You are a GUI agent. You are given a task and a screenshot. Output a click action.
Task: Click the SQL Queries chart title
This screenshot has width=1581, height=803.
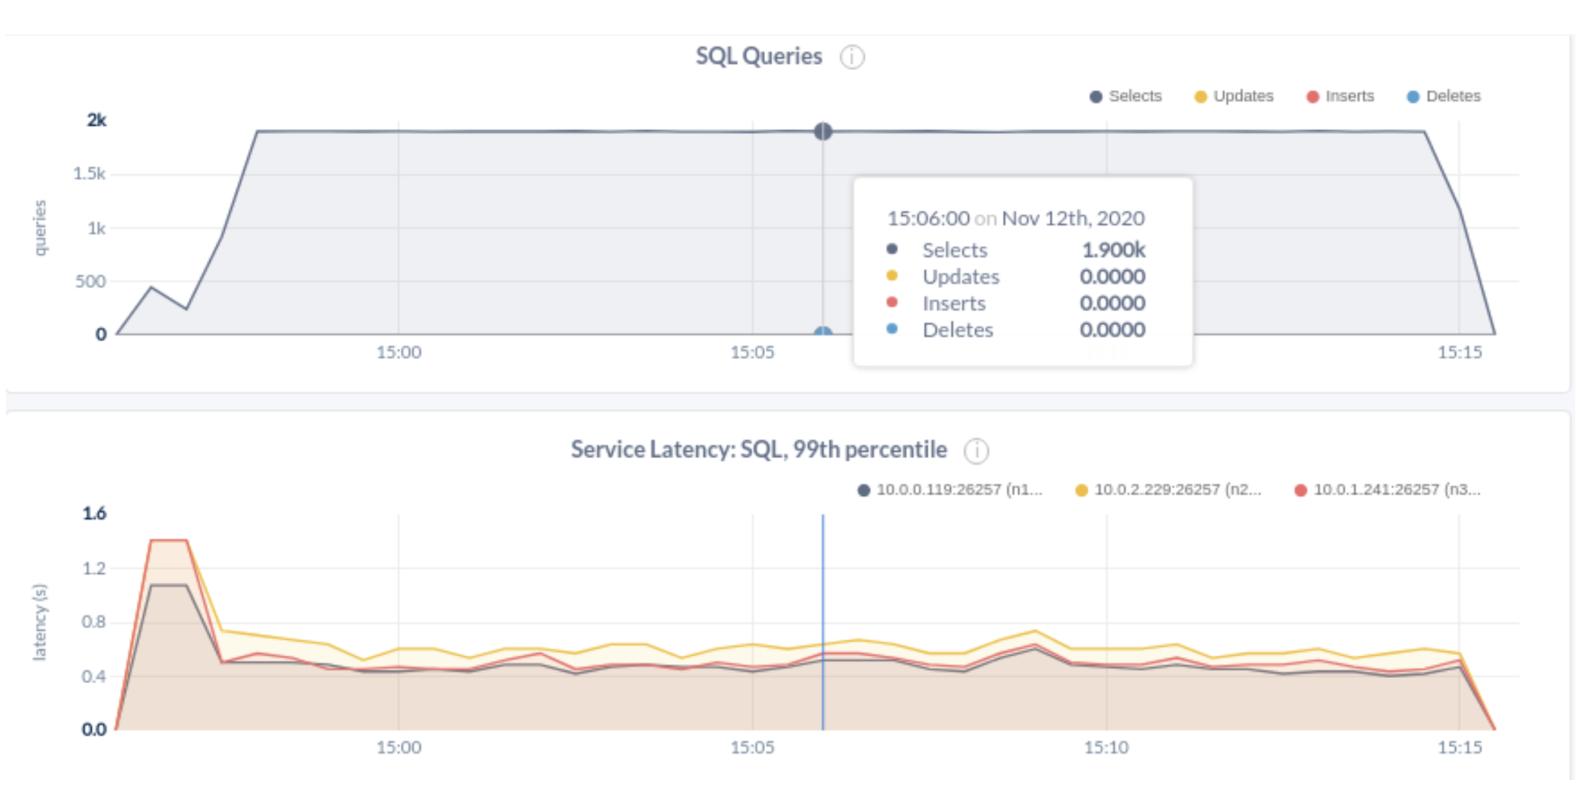(758, 56)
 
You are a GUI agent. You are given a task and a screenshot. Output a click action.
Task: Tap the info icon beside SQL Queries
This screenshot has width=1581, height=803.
(852, 57)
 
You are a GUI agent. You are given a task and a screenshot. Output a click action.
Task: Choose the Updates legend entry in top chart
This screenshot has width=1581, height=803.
(1234, 96)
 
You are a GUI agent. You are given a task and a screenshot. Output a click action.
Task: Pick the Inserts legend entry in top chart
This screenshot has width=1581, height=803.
(1340, 96)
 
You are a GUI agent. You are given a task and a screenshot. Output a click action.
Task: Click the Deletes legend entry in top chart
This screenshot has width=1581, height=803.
(1444, 96)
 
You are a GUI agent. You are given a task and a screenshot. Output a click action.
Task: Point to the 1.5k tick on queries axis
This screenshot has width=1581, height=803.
(90, 174)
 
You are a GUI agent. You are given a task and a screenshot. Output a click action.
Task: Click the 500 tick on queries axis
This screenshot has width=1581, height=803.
(90, 282)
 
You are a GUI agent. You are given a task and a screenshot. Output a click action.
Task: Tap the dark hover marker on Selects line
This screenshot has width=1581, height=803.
(823, 131)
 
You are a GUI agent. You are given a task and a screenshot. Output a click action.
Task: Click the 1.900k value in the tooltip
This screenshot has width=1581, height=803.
(1113, 250)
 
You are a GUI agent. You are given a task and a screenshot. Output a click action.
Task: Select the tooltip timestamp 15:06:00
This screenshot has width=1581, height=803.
(928, 218)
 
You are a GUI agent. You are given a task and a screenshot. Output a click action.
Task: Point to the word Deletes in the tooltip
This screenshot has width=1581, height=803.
(957, 330)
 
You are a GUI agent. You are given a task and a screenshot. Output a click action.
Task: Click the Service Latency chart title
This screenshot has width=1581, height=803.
(758, 450)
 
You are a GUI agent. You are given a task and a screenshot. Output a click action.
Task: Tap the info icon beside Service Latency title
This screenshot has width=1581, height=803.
(977, 450)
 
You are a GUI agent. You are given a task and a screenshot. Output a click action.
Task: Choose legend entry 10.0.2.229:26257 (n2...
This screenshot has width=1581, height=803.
(1169, 490)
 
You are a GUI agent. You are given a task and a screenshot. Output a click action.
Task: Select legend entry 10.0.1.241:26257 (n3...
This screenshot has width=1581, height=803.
(1388, 490)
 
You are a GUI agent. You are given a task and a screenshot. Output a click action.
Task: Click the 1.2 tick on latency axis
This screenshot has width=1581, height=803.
(93, 569)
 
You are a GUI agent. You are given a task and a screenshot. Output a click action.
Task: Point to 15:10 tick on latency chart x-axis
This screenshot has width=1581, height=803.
(1105, 747)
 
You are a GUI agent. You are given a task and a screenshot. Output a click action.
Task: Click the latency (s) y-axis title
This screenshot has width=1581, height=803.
(40, 622)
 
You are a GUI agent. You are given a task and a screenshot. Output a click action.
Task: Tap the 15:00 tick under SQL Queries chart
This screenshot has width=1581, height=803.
(398, 353)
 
